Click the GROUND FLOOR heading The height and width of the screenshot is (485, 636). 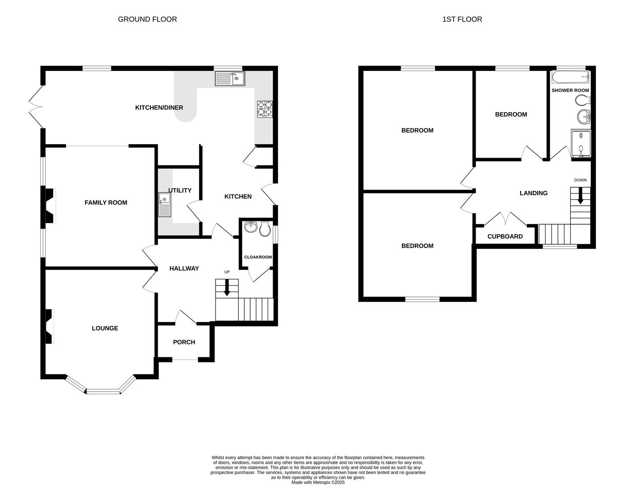[147, 19]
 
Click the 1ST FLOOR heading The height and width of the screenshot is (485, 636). [462, 19]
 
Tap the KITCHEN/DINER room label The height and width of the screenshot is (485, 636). [159, 108]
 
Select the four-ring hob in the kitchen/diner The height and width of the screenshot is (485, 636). [265, 109]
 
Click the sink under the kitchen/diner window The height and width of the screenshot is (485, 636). [229, 79]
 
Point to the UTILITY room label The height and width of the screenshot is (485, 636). [180, 190]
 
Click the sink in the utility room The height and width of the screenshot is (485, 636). [165, 204]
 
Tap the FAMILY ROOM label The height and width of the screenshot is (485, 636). [106, 203]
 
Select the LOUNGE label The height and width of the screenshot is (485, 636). [105, 328]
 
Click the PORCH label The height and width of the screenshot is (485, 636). [184, 342]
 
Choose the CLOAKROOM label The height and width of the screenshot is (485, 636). [258, 257]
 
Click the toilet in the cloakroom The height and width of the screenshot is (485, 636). [265, 229]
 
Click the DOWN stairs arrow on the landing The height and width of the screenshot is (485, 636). [580, 195]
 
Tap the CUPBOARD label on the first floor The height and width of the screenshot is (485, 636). [505, 237]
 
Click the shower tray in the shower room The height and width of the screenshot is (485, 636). [581, 144]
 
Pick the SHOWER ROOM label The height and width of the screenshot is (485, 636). [570, 90]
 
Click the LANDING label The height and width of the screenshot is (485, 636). [534, 193]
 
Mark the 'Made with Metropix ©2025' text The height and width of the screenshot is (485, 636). [318, 482]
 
